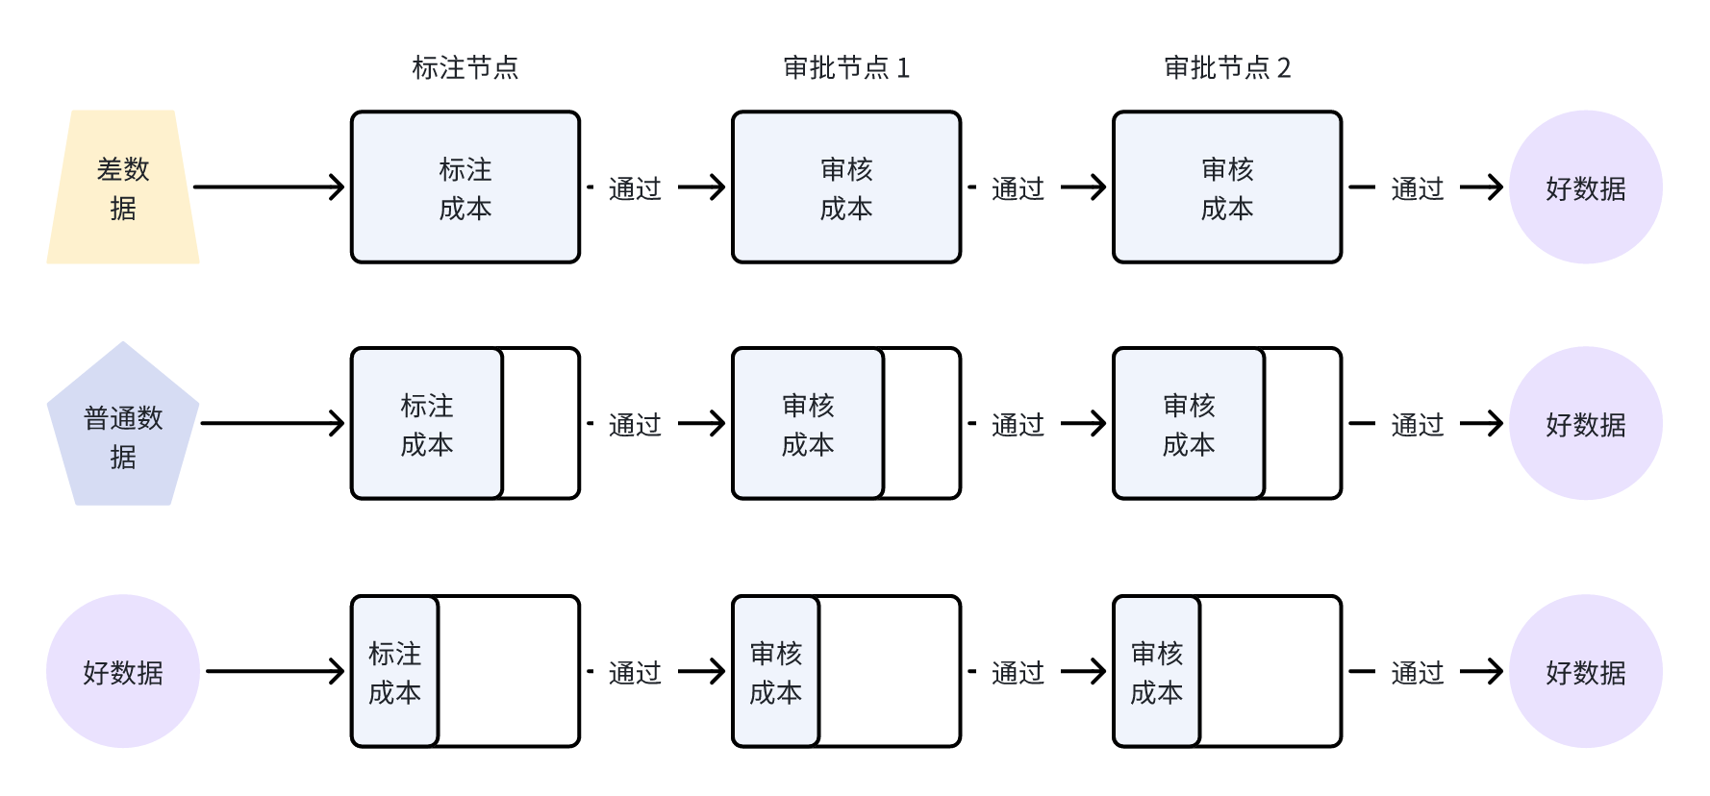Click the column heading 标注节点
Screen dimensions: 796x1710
click(x=465, y=67)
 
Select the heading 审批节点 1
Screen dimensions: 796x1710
click(x=846, y=67)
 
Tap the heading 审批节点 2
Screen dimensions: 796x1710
click(x=1227, y=67)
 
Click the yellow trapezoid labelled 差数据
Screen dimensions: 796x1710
click(x=123, y=187)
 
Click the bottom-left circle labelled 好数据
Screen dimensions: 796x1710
click(x=123, y=671)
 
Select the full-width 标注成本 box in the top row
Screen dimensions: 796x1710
click(x=465, y=187)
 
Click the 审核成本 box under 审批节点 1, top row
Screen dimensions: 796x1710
click(x=846, y=187)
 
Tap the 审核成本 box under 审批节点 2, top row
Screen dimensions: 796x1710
click(x=1227, y=187)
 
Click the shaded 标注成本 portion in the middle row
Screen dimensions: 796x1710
click(x=427, y=424)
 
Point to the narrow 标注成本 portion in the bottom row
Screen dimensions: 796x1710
click(x=395, y=671)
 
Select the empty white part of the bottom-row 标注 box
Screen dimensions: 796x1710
click(x=508, y=671)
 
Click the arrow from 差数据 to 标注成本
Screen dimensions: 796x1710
click(x=269, y=187)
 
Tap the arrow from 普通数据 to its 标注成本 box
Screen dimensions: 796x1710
click(x=272, y=423)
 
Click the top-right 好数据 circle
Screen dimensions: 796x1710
click(x=1585, y=187)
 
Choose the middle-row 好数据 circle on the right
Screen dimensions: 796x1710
click(x=1585, y=424)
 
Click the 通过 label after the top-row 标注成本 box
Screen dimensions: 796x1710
click(x=635, y=188)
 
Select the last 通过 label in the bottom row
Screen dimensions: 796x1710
click(x=1418, y=672)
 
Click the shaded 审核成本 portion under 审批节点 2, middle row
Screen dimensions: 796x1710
click(x=1189, y=424)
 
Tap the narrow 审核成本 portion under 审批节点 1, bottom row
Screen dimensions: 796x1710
click(x=776, y=671)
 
